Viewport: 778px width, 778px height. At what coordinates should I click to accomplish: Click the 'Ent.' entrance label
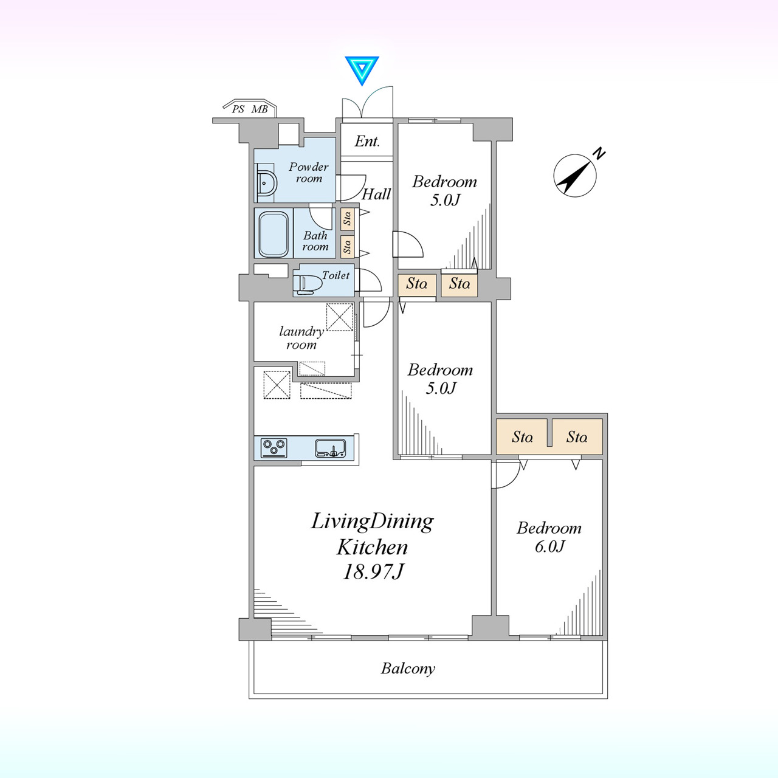367,141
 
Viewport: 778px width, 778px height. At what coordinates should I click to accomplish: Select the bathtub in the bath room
273,234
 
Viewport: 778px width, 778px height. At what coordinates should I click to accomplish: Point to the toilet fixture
307,283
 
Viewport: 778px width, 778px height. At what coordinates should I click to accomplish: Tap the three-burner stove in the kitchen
274,448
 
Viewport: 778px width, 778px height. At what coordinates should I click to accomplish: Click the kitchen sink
330,448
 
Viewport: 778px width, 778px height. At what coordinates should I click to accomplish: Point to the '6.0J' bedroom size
549,546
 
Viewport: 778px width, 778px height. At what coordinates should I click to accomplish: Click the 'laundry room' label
301,338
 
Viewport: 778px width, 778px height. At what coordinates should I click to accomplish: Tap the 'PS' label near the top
238,109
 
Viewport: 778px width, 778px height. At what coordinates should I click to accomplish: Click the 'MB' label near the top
260,109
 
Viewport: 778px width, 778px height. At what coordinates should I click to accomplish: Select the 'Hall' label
376,194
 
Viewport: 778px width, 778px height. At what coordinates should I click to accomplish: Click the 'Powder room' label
308,173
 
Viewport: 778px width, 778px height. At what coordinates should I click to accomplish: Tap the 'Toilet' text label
336,275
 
